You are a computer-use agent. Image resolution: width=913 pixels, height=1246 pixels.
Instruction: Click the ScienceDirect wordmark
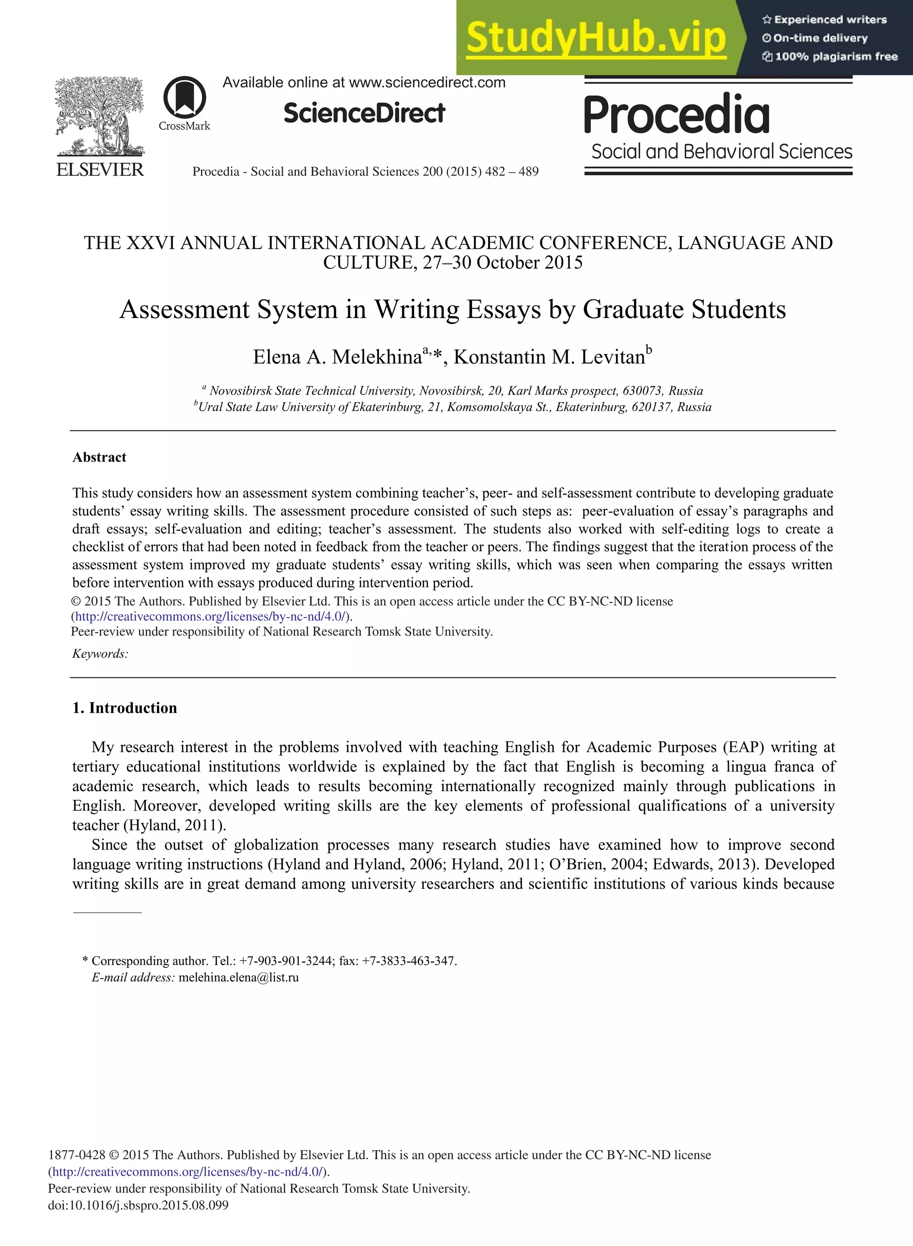364,113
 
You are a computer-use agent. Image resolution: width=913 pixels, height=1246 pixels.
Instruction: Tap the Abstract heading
99,457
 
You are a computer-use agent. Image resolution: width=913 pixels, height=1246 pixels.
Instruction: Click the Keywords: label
100,653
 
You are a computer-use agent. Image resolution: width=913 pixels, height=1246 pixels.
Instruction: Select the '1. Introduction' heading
125,708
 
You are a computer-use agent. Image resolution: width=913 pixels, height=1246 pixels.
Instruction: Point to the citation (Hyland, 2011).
175,825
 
